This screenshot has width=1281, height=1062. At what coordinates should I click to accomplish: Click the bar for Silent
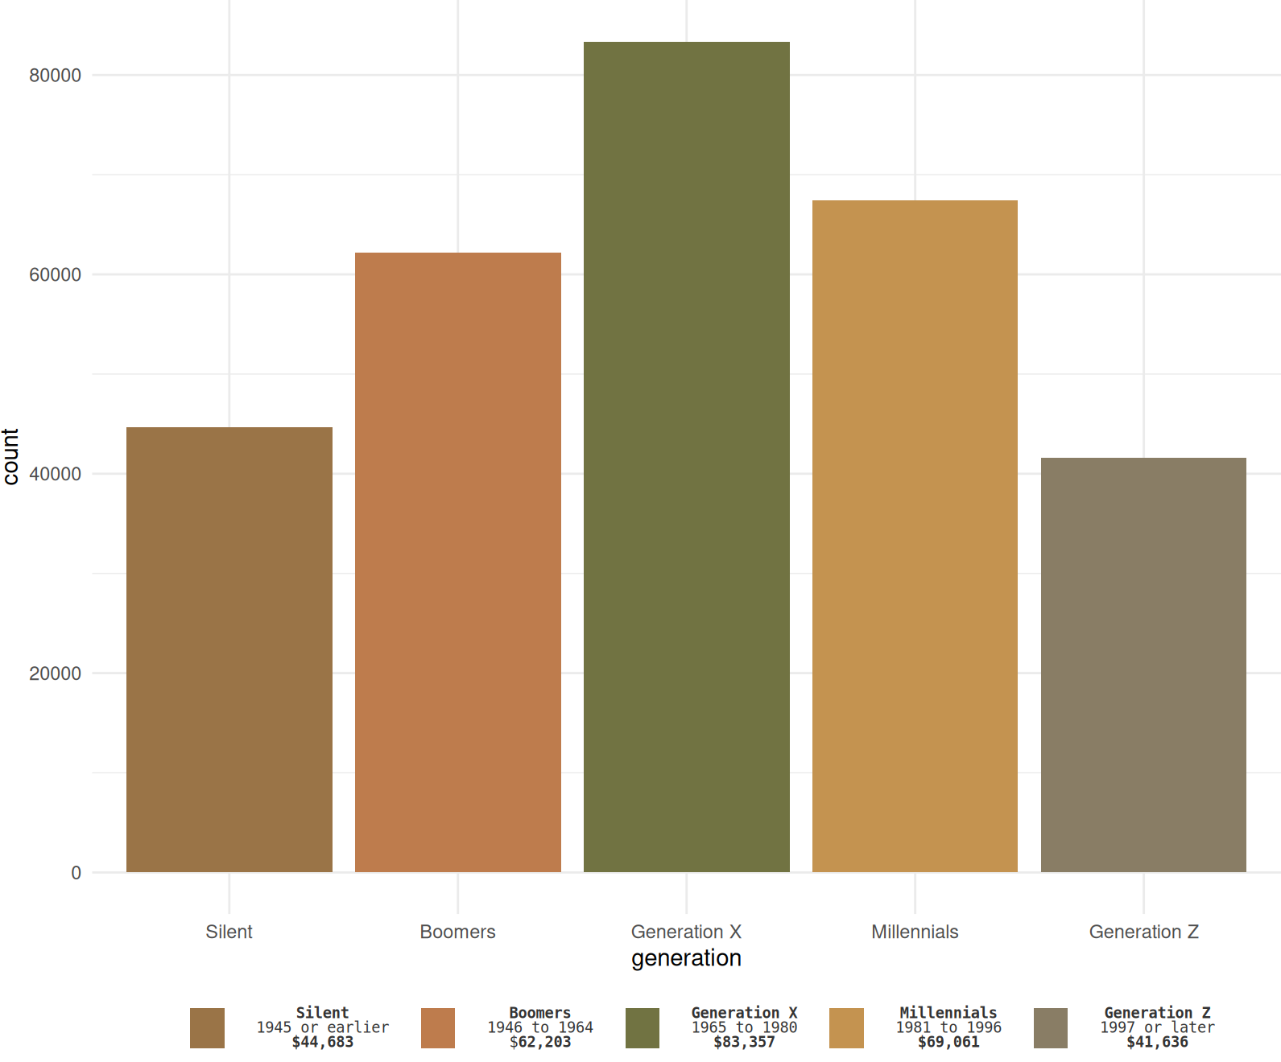coord(229,649)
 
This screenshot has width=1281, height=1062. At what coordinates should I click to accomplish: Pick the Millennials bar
coord(915,536)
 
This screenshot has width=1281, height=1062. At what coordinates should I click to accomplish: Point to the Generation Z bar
coord(1143,665)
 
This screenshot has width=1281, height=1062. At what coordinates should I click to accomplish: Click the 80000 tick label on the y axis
coord(55,76)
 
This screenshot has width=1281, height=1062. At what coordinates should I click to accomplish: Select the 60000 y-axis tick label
coord(55,275)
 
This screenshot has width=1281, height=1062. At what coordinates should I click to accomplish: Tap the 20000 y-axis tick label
coord(55,674)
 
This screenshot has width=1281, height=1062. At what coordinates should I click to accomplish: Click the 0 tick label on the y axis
coord(76,873)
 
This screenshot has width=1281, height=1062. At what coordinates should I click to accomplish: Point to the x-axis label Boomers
coord(457,932)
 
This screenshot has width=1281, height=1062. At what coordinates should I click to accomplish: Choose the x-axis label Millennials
coord(915,932)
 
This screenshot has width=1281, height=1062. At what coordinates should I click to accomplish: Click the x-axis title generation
coord(686,958)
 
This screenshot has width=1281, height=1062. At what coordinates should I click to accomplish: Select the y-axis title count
coord(11,456)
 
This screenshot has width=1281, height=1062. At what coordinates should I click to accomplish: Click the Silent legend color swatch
coord(207,1028)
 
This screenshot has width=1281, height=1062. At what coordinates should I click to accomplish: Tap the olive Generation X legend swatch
coord(642,1028)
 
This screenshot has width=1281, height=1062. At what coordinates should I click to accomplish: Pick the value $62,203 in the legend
coord(540,1043)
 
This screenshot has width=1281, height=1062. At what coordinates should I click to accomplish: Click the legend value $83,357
coord(744,1043)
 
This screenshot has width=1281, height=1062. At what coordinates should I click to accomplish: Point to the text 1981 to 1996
coord(948,1027)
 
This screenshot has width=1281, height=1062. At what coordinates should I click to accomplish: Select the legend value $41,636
coord(1157,1043)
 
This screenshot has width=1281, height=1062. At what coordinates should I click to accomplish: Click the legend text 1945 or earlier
coord(322,1027)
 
